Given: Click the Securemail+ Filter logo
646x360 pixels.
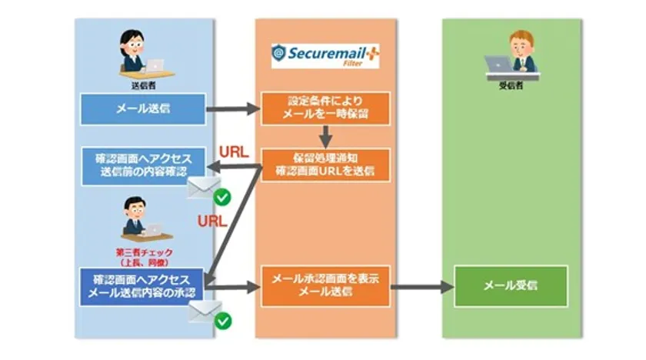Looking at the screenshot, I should tap(326, 55).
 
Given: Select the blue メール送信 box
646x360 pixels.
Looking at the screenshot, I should tap(144, 108).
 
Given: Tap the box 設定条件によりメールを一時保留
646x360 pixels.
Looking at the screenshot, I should tap(326, 108).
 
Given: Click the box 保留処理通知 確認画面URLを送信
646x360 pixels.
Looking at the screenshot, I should tap(326, 165).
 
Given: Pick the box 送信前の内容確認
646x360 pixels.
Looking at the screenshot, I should tap(144, 165).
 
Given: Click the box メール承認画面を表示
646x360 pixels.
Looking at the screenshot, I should tap(326, 285).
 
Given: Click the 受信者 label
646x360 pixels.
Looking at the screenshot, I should tap(511, 85).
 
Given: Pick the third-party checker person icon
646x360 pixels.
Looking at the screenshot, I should tap(139, 218).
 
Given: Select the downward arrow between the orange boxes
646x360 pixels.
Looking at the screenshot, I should tap(326, 136).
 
